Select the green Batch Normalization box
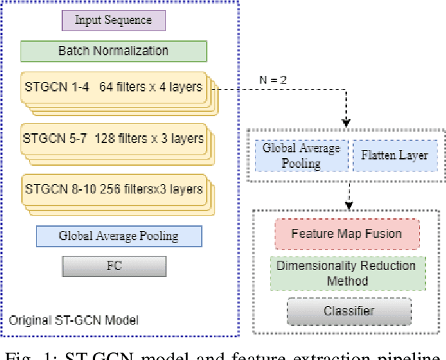click(x=113, y=51)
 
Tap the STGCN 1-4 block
click(x=113, y=89)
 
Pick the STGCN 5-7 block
click(x=113, y=138)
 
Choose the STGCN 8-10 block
click(x=113, y=189)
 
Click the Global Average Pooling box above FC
click(x=118, y=236)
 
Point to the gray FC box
click(x=114, y=266)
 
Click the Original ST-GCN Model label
click(x=74, y=320)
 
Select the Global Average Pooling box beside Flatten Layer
click(x=302, y=154)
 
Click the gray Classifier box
click(x=348, y=310)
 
